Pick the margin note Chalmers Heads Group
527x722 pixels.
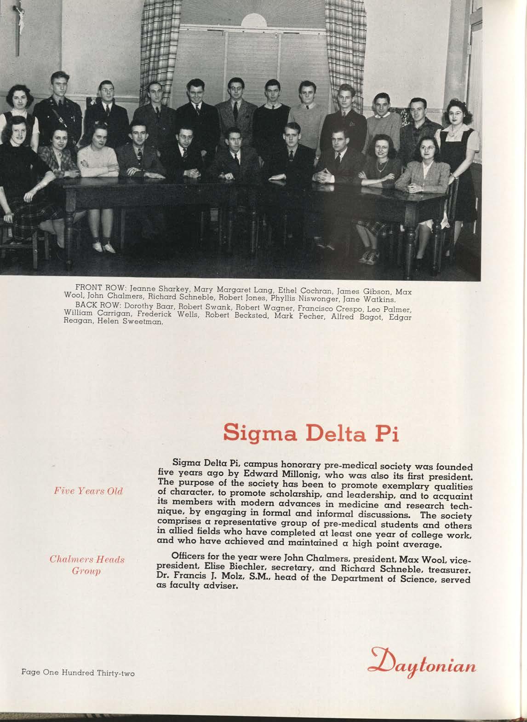tap(87, 566)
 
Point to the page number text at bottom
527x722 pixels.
tap(78, 673)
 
